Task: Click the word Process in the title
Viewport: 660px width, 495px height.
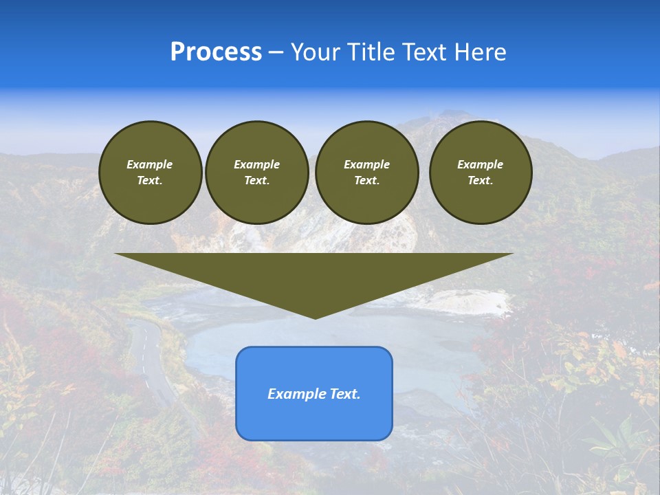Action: pos(216,52)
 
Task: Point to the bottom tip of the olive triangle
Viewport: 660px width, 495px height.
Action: pos(315,318)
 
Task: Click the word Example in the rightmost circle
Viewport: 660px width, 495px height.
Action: pos(481,164)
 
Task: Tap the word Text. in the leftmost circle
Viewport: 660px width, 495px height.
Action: pos(150,181)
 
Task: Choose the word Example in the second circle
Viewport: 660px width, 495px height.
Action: pos(257,164)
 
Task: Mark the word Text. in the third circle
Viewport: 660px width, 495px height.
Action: pos(367,181)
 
